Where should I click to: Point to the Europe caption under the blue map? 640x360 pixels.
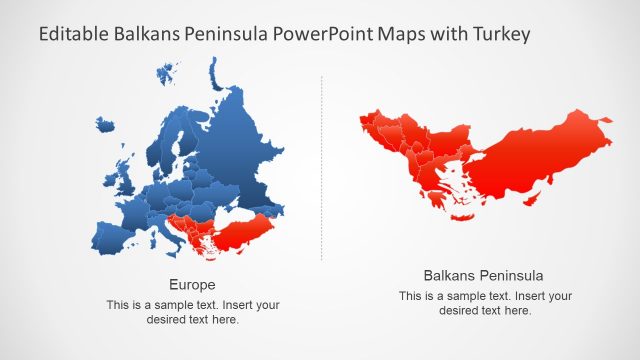pyautogui.click(x=192, y=284)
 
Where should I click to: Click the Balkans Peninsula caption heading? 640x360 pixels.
pyautogui.click(x=485, y=275)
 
